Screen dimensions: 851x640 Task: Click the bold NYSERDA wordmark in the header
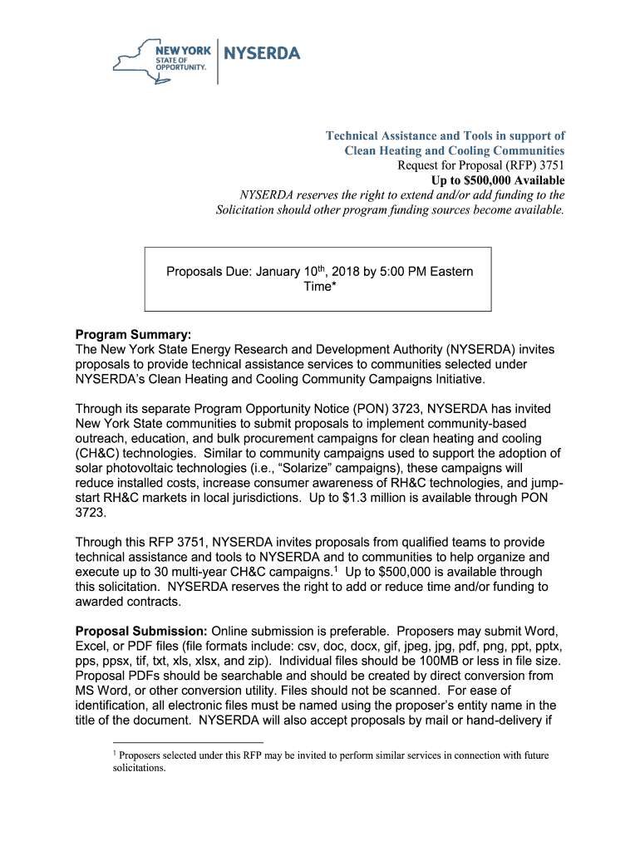pos(263,54)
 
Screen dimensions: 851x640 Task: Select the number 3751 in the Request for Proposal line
pos(550,165)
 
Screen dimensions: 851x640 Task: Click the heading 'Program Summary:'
pos(134,335)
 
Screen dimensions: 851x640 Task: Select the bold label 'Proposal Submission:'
pos(141,630)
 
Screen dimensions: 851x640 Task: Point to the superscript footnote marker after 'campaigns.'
pos(336,568)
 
